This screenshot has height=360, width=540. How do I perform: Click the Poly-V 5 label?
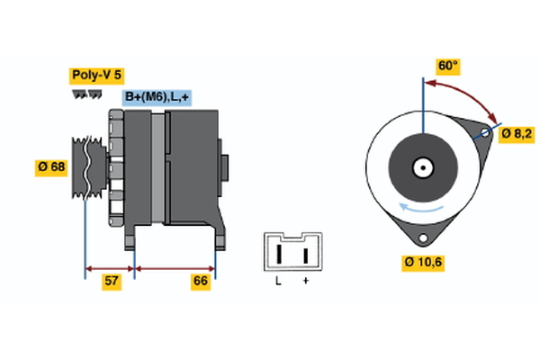[x=96, y=76]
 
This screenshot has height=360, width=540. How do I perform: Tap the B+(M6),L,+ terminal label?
[x=157, y=97]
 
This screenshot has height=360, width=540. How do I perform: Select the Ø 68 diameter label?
[x=51, y=166]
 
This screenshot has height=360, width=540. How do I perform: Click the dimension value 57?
[x=112, y=282]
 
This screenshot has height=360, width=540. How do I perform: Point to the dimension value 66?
[x=200, y=282]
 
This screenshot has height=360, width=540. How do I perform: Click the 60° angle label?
[x=447, y=66]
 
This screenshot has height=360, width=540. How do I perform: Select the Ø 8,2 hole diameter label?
[x=517, y=133]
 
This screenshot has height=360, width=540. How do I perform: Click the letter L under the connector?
[x=279, y=281]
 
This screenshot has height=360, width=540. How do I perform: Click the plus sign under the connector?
[x=306, y=281]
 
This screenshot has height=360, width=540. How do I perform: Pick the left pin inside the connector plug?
[x=280, y=253]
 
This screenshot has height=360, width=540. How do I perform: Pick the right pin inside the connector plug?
[x=306, y=253]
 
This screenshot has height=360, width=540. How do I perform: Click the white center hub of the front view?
[x=421, y=166]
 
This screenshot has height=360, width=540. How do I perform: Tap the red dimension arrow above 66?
[x=175, y=267]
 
